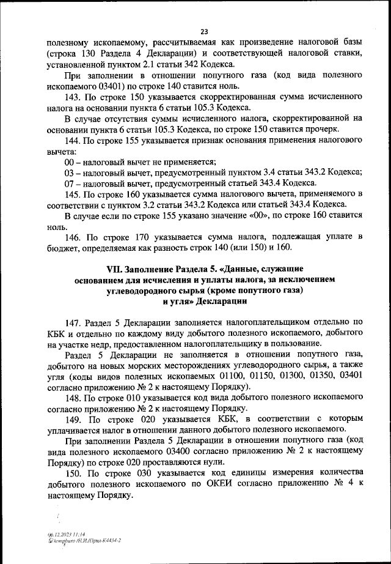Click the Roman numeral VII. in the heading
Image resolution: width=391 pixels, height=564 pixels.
[x=115, y=269]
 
